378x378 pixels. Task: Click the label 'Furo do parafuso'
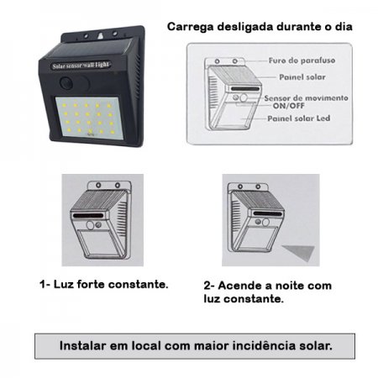tap(302, 60)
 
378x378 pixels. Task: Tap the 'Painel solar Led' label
tap(299, 118)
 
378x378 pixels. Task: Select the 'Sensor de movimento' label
tap(306, 98)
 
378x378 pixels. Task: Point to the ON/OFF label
tap(288, 106)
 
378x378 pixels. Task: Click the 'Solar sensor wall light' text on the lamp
tap(81, 66)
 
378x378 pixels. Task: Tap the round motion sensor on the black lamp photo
tap(66, 83)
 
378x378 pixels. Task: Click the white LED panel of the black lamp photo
tap(89, 118)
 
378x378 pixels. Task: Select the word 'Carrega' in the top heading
tap(191, 27)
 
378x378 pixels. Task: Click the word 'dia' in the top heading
tap(344, 27)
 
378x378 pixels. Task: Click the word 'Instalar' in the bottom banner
tap(82, 345)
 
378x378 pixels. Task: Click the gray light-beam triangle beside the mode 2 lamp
tap(301, 251)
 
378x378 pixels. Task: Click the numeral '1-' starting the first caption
tap(45, 284)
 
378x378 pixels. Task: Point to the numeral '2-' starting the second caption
tap(209, 286)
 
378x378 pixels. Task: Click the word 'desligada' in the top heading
tap(245, 27)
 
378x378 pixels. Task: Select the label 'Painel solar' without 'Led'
tap(302, 77)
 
